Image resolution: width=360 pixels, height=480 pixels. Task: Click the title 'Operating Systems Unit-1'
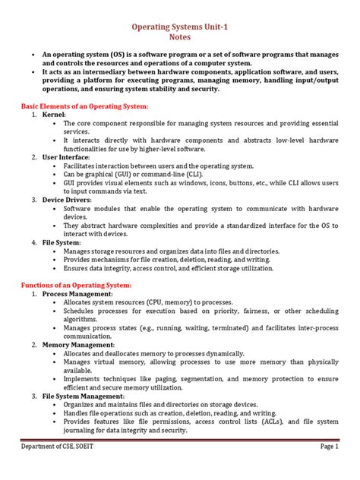coord(179,26)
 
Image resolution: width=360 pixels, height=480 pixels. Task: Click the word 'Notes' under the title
coord(179,36)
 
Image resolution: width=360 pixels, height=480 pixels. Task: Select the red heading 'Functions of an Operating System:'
coord(76,284)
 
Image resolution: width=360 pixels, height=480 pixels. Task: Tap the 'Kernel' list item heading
coord(55,113)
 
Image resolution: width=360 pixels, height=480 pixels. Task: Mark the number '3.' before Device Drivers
coord(35,200)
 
